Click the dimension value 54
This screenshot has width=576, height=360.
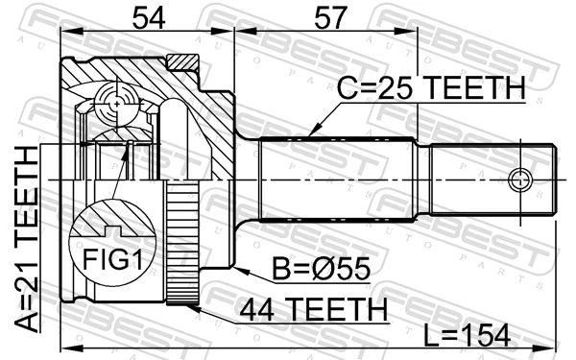click(149, 17)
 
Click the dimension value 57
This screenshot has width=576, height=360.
click(330, 17)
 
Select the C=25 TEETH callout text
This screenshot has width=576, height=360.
click(431, 88)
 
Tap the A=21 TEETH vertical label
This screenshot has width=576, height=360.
click(27, 239)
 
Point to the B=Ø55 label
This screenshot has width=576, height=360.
click(321, 269)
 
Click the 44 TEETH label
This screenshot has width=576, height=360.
click(313, 309)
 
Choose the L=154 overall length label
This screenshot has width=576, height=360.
click(468, 335)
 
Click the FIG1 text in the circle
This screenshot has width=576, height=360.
click(112, 259)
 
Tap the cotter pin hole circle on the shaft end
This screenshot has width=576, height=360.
click(520, 180)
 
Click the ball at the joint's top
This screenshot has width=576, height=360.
click(117, 104)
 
